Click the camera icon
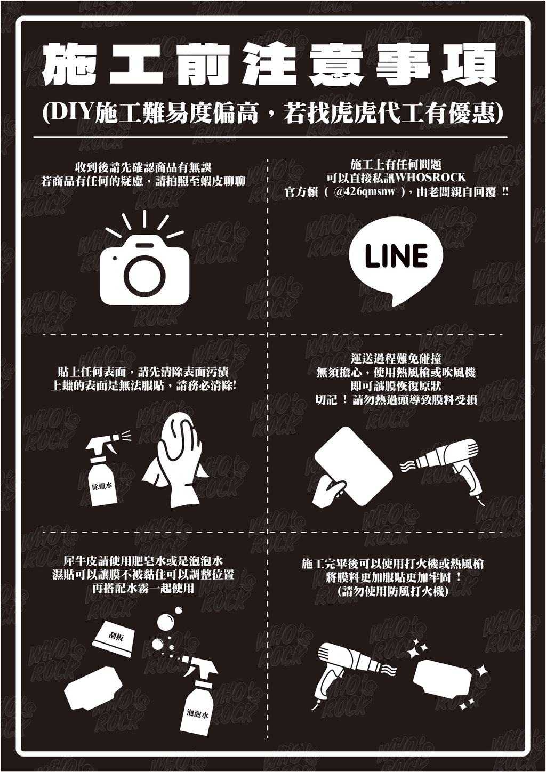coord(144,272)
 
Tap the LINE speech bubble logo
coord(396,258)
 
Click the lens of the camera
coord(144,277)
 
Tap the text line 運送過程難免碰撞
coord(396,359)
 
